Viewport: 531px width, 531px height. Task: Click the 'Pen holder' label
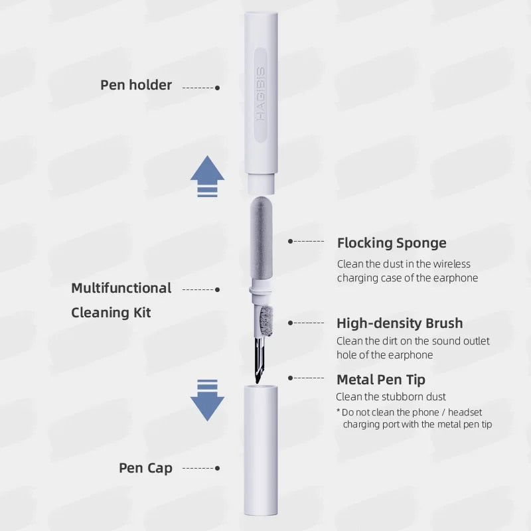[136, 85]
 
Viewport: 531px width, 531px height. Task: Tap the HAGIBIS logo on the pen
[261, 94]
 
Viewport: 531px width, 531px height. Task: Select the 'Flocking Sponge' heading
[392, 243]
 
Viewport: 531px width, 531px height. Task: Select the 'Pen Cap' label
[145, 468]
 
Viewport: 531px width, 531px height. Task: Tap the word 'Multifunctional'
[121, 288]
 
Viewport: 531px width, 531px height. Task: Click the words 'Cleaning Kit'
[111, 312]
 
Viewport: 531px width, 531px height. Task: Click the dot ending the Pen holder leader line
[218, 88]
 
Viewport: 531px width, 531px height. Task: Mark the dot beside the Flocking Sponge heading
[290, 242]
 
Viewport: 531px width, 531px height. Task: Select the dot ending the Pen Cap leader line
[218, 469]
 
